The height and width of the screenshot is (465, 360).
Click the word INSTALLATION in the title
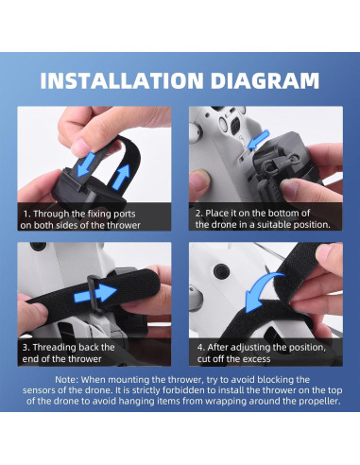[122, 80]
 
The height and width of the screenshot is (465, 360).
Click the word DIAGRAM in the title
[266, 80]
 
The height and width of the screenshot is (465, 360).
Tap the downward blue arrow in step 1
[86, 164]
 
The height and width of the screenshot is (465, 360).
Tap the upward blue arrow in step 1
[121, 177]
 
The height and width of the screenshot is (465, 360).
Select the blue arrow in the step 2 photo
[258, 140]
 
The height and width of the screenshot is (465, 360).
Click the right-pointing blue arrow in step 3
[95, 293]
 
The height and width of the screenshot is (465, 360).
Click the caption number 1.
[26, 214]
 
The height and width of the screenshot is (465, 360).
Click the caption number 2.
[199, 214]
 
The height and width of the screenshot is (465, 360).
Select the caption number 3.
[26, 348]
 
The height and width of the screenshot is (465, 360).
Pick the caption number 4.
[201, 348]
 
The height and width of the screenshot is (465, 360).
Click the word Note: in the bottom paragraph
[67, 380]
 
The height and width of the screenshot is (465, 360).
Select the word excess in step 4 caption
[257, 359]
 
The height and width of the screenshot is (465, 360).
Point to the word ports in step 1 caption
[125, 215]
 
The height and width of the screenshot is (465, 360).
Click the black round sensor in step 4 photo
[221, 271]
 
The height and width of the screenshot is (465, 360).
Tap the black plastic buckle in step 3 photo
[94, 294]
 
